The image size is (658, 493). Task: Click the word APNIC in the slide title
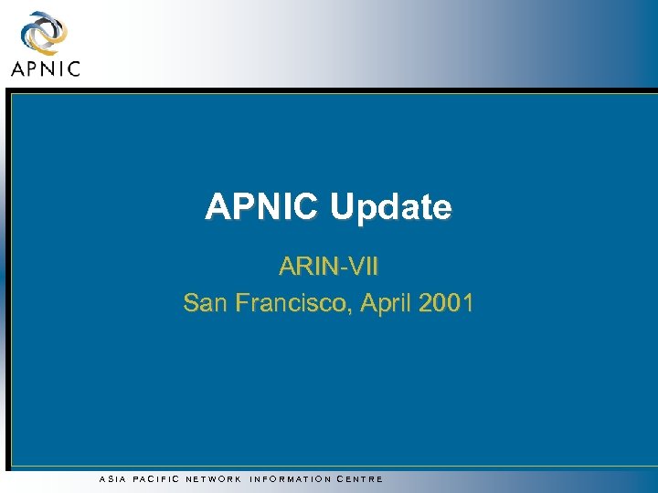click(x=263, y=207)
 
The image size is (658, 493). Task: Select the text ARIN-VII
click(x=329, y=267)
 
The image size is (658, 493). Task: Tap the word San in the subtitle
click(x=203, y=302)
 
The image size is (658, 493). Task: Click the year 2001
click(x=445, y=302)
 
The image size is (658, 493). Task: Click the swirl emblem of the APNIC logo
click(x=42, y=32)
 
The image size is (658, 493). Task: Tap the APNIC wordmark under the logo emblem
click(x=45, y=68)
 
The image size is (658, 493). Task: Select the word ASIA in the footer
click(x=111, y=478)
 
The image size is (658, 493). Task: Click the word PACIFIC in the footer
click(x=156, y=478)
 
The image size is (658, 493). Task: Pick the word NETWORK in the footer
click(x=214, y=478)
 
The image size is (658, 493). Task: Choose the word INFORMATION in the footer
click(x=292, y=478)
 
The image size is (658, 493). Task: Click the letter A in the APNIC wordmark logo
click(x=18, y=68)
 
